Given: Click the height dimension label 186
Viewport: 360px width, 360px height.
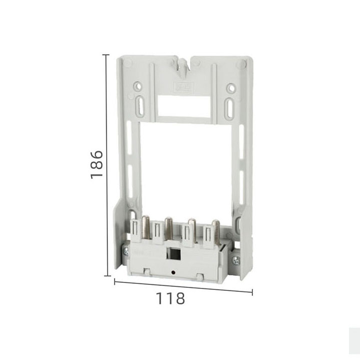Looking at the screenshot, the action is (x=97, y=164).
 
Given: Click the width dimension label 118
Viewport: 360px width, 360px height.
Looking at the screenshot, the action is (x=170, y=298).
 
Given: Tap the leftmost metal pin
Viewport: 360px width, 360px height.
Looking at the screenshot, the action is (x=146, y=227).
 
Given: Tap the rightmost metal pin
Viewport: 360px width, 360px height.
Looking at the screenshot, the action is (x=216, y=230).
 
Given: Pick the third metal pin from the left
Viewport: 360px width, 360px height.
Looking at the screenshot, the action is (x=192, y=229).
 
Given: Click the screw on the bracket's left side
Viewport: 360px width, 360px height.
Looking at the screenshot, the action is (x=126, y=252).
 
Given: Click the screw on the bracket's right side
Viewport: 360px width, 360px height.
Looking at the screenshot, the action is (x=236, y=260).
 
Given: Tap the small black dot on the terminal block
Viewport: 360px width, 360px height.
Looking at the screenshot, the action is (x=173, y=273).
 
